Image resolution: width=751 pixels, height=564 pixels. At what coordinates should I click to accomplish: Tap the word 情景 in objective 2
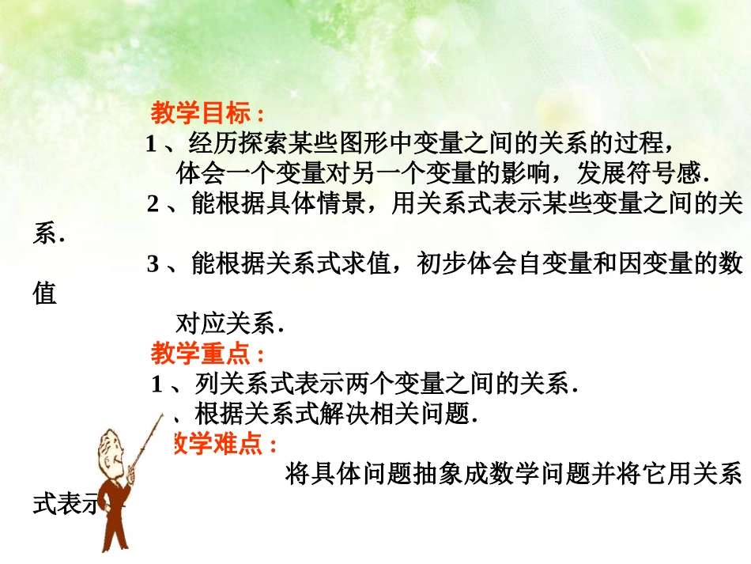click(x=340, y=204)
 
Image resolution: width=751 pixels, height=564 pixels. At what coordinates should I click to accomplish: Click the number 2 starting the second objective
click(x=153, y=205)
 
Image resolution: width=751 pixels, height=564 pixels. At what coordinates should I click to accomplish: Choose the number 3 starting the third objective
click(x=153, y=265)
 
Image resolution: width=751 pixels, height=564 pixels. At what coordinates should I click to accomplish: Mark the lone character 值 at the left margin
click(x=45, y=294)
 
